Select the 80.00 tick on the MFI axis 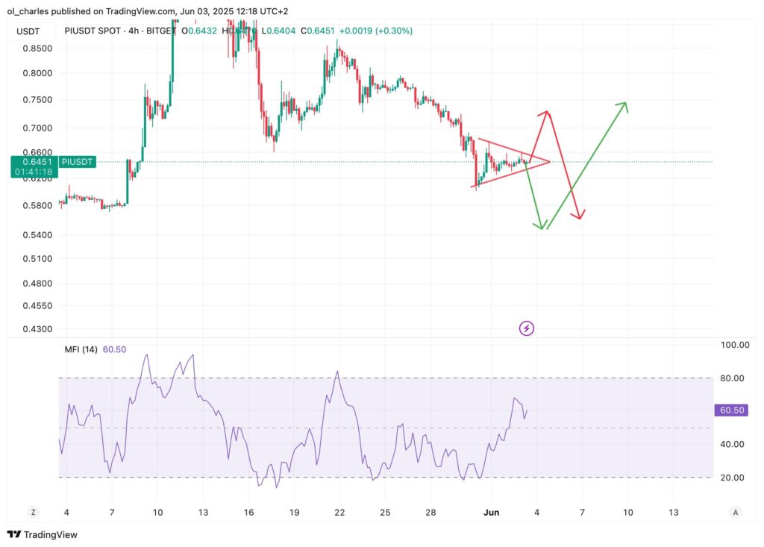tap(732, 378)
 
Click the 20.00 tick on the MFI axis tap(732, 478)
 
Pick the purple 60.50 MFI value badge tap(732, 410)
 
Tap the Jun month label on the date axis tap(491, 513)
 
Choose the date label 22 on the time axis tap(339, 513)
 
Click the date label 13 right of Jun tap(674, 513)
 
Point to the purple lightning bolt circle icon tap(527, 328)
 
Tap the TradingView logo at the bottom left tap(43, 534)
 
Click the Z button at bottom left tap(33, 512)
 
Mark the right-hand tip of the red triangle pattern tap(550, 161)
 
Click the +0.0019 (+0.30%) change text tap(375, 31)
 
